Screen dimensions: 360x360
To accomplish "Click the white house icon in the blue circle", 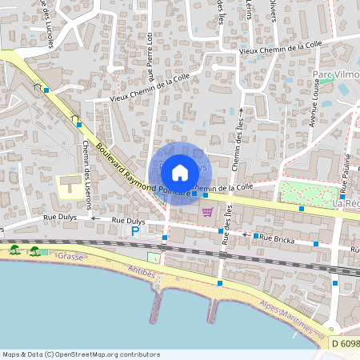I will (180, 172).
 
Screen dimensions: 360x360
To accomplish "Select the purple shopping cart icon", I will (208, 212).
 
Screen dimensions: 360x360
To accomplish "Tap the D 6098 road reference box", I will (345, 343).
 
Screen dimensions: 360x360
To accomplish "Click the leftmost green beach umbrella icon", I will (14, 250).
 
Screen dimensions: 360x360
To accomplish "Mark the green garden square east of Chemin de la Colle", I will (309, 193).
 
